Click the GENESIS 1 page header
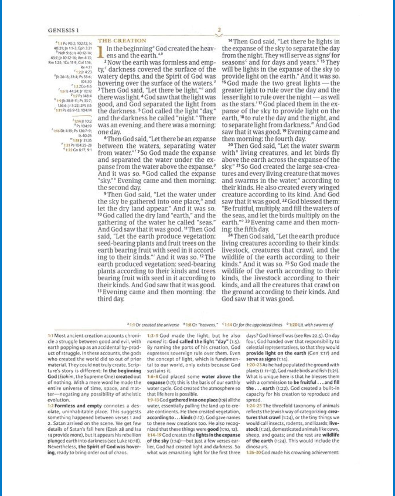[x=63, y=30]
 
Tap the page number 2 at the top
[x=219, y=30]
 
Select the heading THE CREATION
[x=122, y=41]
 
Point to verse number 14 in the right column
[x=230, y=41]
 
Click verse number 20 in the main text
[x=230, y=145]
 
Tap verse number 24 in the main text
[x=230, y=235]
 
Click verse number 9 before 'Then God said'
[x=105, y=194]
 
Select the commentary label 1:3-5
[x=153, y=336]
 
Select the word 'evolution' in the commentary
[x=59, y=400]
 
